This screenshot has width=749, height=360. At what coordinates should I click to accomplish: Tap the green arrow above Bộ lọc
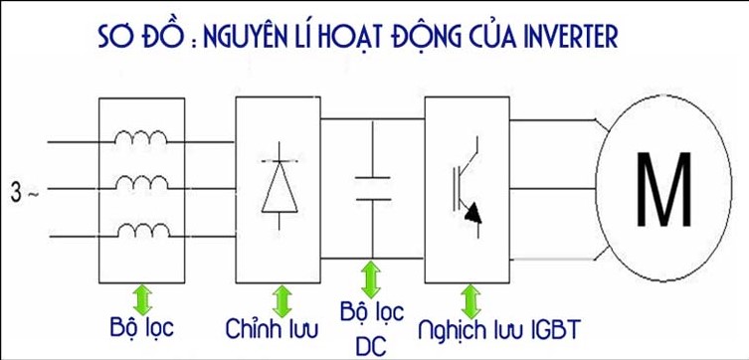[x=141, y=296]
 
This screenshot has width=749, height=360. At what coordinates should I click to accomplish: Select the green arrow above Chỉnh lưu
[x=282, y=296]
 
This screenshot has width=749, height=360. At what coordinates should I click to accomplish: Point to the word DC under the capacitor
[x=371, y=347]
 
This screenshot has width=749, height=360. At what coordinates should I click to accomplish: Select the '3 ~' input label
[x=25, y=187]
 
